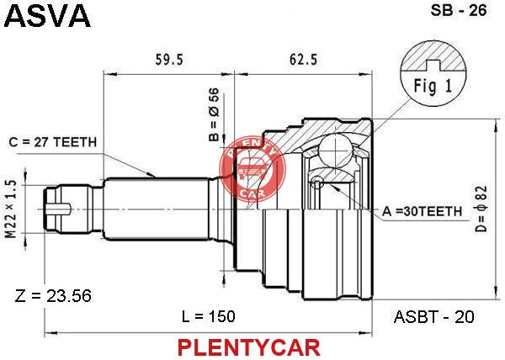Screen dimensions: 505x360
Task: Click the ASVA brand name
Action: click(47, 15)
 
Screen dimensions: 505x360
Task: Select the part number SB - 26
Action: click(459, 11)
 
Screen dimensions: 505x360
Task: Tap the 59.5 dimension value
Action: click(169, 60)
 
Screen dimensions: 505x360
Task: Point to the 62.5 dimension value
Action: click(303, 60)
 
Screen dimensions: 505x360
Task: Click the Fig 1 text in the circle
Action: click(433, 86)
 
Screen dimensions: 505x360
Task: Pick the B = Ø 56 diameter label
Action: click(214, 115)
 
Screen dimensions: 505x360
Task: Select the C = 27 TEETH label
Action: click(53, 142)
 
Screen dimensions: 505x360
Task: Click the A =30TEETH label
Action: click(422, 211)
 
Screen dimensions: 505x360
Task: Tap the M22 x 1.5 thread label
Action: click(11, 209)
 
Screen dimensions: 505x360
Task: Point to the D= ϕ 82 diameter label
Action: click(481, 209)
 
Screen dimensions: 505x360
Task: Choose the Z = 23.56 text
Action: click(53, 296)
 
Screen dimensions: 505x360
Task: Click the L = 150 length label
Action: click(209, 316)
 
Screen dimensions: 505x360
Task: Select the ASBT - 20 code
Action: click(433, 317)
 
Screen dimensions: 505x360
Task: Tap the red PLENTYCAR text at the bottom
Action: click(249, 347)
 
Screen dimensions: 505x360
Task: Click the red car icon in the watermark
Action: click(252, 168)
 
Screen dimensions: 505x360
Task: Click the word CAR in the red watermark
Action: click(253, 193)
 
